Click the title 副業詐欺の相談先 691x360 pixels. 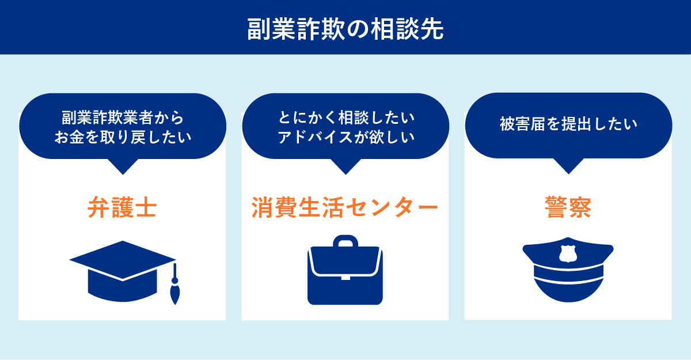(x=345, y=29)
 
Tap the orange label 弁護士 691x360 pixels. (x=122, y=207)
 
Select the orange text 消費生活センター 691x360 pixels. (x=345, y=207)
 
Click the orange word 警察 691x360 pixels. (x=568, y=207)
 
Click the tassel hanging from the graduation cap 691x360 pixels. (x=175, y=285)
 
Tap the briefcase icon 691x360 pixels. (x=345, y=270)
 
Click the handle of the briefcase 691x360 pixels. (x=345, y=241)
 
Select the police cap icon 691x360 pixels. (x=568, y=270)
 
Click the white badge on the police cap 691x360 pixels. (x=568, y=253)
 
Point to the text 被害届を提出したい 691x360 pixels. (x=568, y=124)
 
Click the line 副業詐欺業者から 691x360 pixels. (x=123, y=118)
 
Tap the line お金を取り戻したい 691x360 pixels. (x=123, y=137)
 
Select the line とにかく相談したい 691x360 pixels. (x=346, y=118)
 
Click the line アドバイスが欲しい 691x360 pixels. (x=346, y=137)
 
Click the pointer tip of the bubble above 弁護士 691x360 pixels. (x=123, y=175)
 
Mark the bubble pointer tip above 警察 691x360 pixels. (x=568, y=174)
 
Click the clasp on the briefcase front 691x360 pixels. (x=345, y=278)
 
